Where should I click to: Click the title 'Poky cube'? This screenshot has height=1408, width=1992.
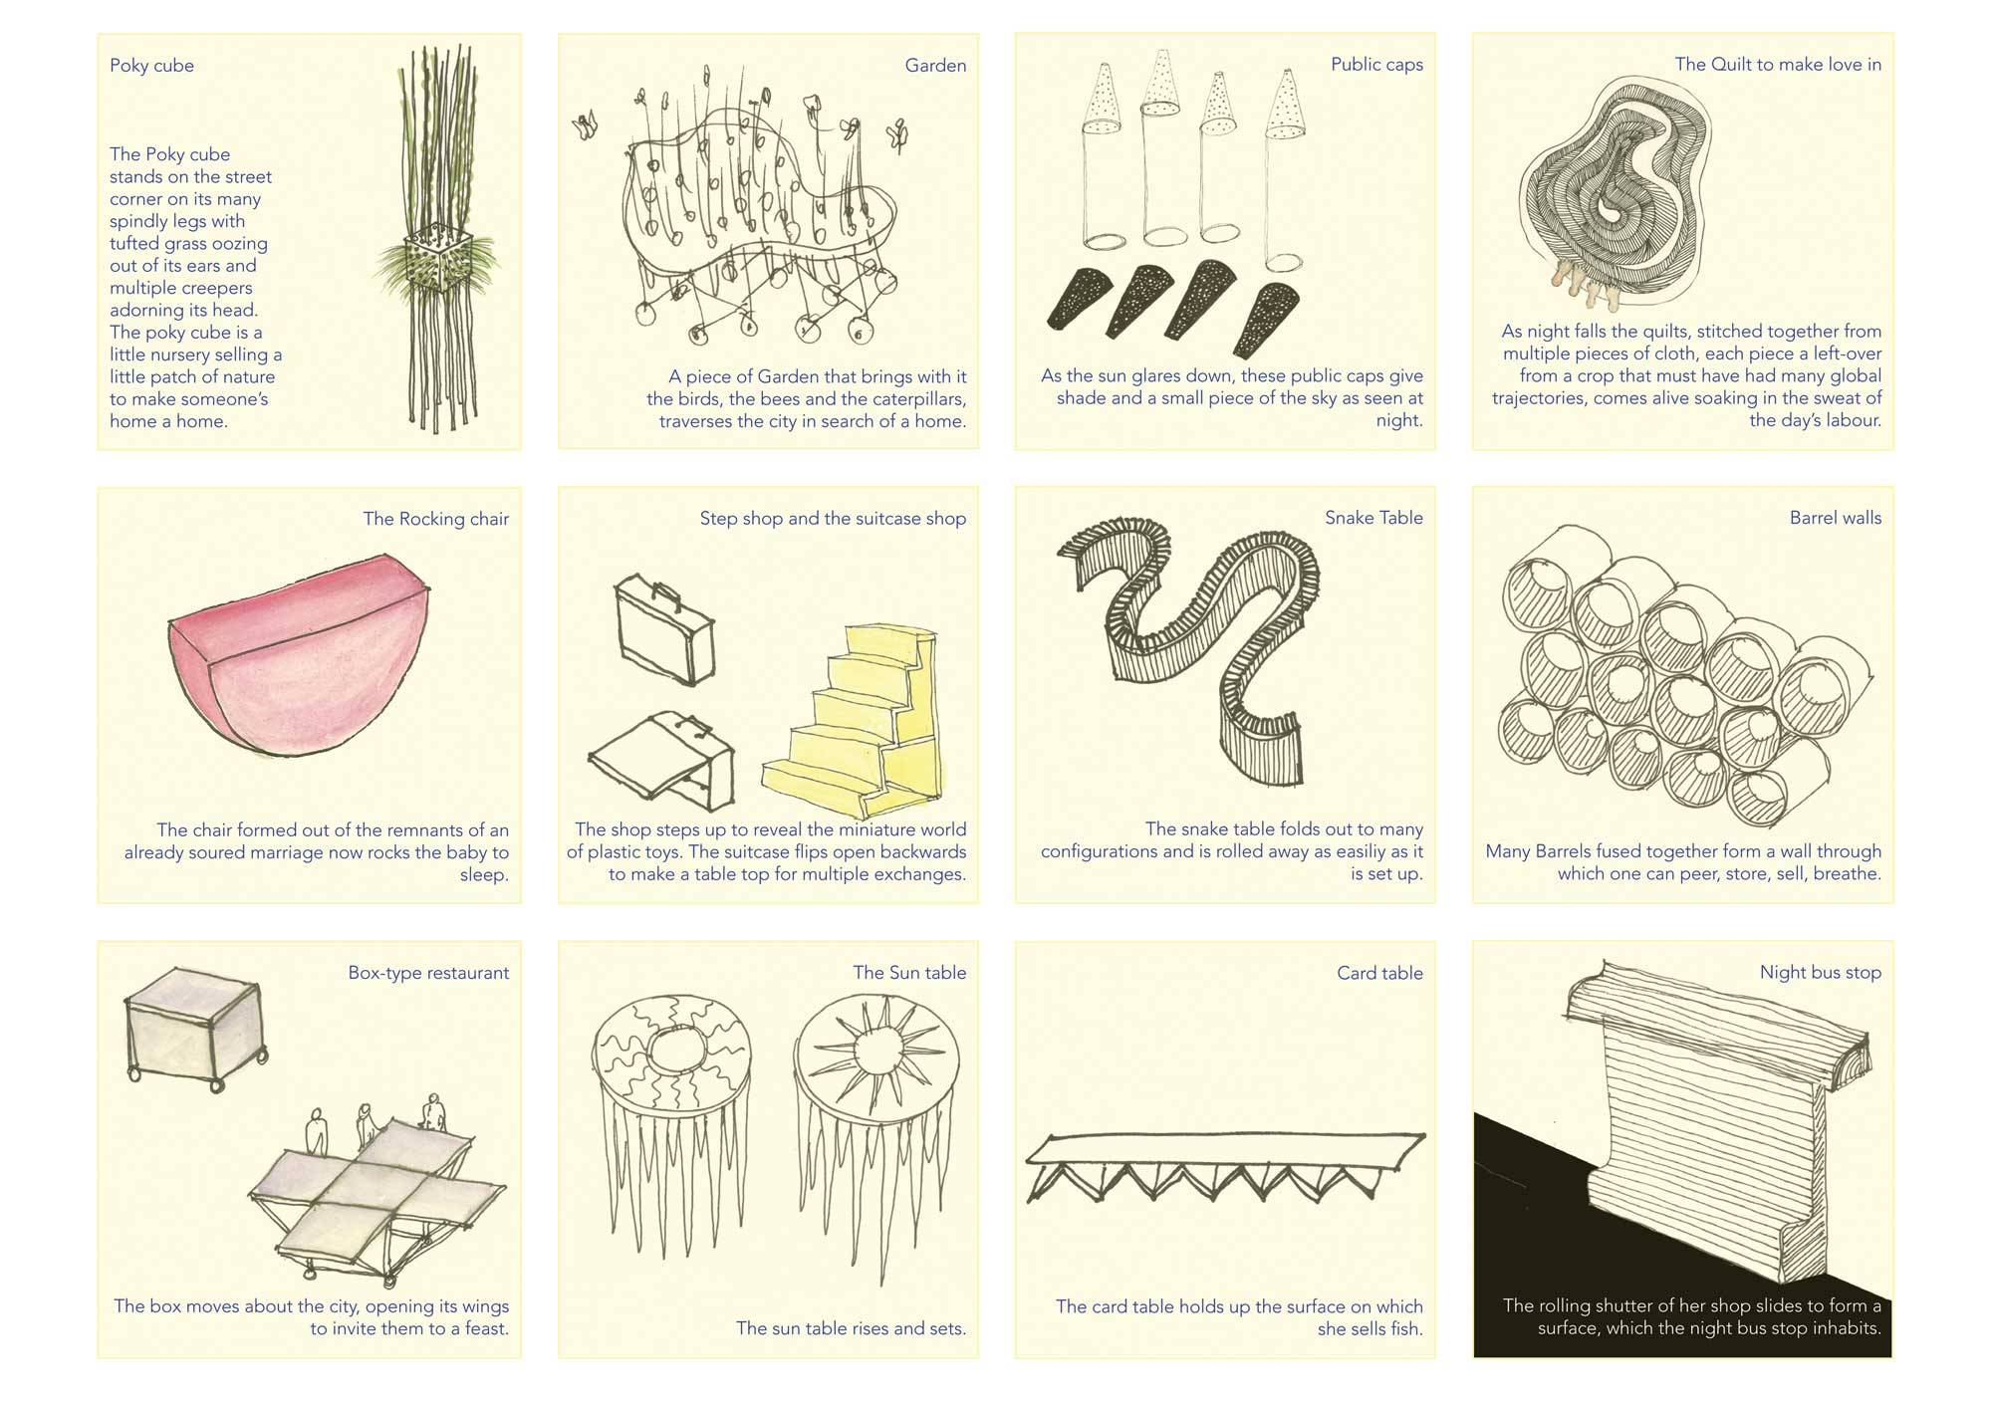pos(151,66)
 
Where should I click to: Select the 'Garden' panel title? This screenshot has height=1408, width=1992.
pos(935,66)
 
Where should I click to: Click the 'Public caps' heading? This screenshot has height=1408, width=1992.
pos(1376,65)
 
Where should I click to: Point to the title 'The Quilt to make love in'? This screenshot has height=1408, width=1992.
pos(1778,65)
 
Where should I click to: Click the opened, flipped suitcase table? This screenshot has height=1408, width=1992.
pos(662,757)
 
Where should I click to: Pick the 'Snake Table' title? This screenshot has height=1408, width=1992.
pos(1373,518)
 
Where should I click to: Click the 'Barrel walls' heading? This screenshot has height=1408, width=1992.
pos(1836,518)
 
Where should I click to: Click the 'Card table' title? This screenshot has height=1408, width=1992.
pos(1379,974)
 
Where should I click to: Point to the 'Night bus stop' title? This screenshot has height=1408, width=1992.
pos(1821,973)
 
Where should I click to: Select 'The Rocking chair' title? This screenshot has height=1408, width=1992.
pos(436,519)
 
